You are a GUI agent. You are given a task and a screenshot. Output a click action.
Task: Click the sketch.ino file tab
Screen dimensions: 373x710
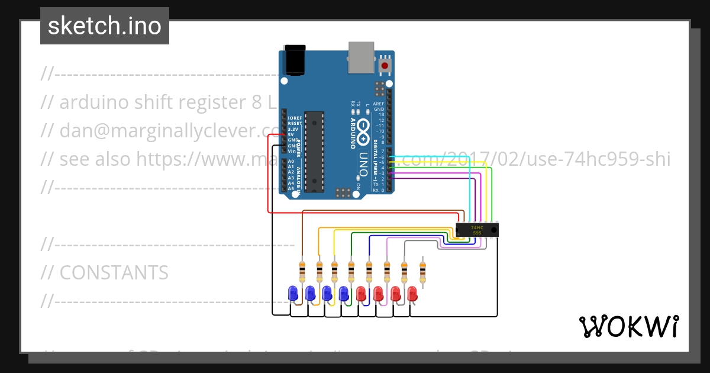pos(105,26)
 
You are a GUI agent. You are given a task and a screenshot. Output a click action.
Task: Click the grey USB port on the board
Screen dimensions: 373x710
pos(362,57)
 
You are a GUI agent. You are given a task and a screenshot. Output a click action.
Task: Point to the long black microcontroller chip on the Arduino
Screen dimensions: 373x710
pos(314,151)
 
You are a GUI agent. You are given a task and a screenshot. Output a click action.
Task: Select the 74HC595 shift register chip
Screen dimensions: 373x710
pos(477,230)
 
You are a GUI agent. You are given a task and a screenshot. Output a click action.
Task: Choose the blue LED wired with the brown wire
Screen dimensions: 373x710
pos(292,293)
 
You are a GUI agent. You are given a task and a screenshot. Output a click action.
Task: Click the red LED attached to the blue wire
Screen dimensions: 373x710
pos(362,293)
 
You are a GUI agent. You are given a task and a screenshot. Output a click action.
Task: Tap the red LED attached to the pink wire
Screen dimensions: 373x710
pos(379,293)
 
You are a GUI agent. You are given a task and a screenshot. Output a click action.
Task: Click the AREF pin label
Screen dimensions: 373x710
pos(379,104)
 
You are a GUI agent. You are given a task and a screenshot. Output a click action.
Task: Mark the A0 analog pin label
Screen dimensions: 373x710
pos(291,162)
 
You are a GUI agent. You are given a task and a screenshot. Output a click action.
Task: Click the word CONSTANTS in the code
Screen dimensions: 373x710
pos(114,272)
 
